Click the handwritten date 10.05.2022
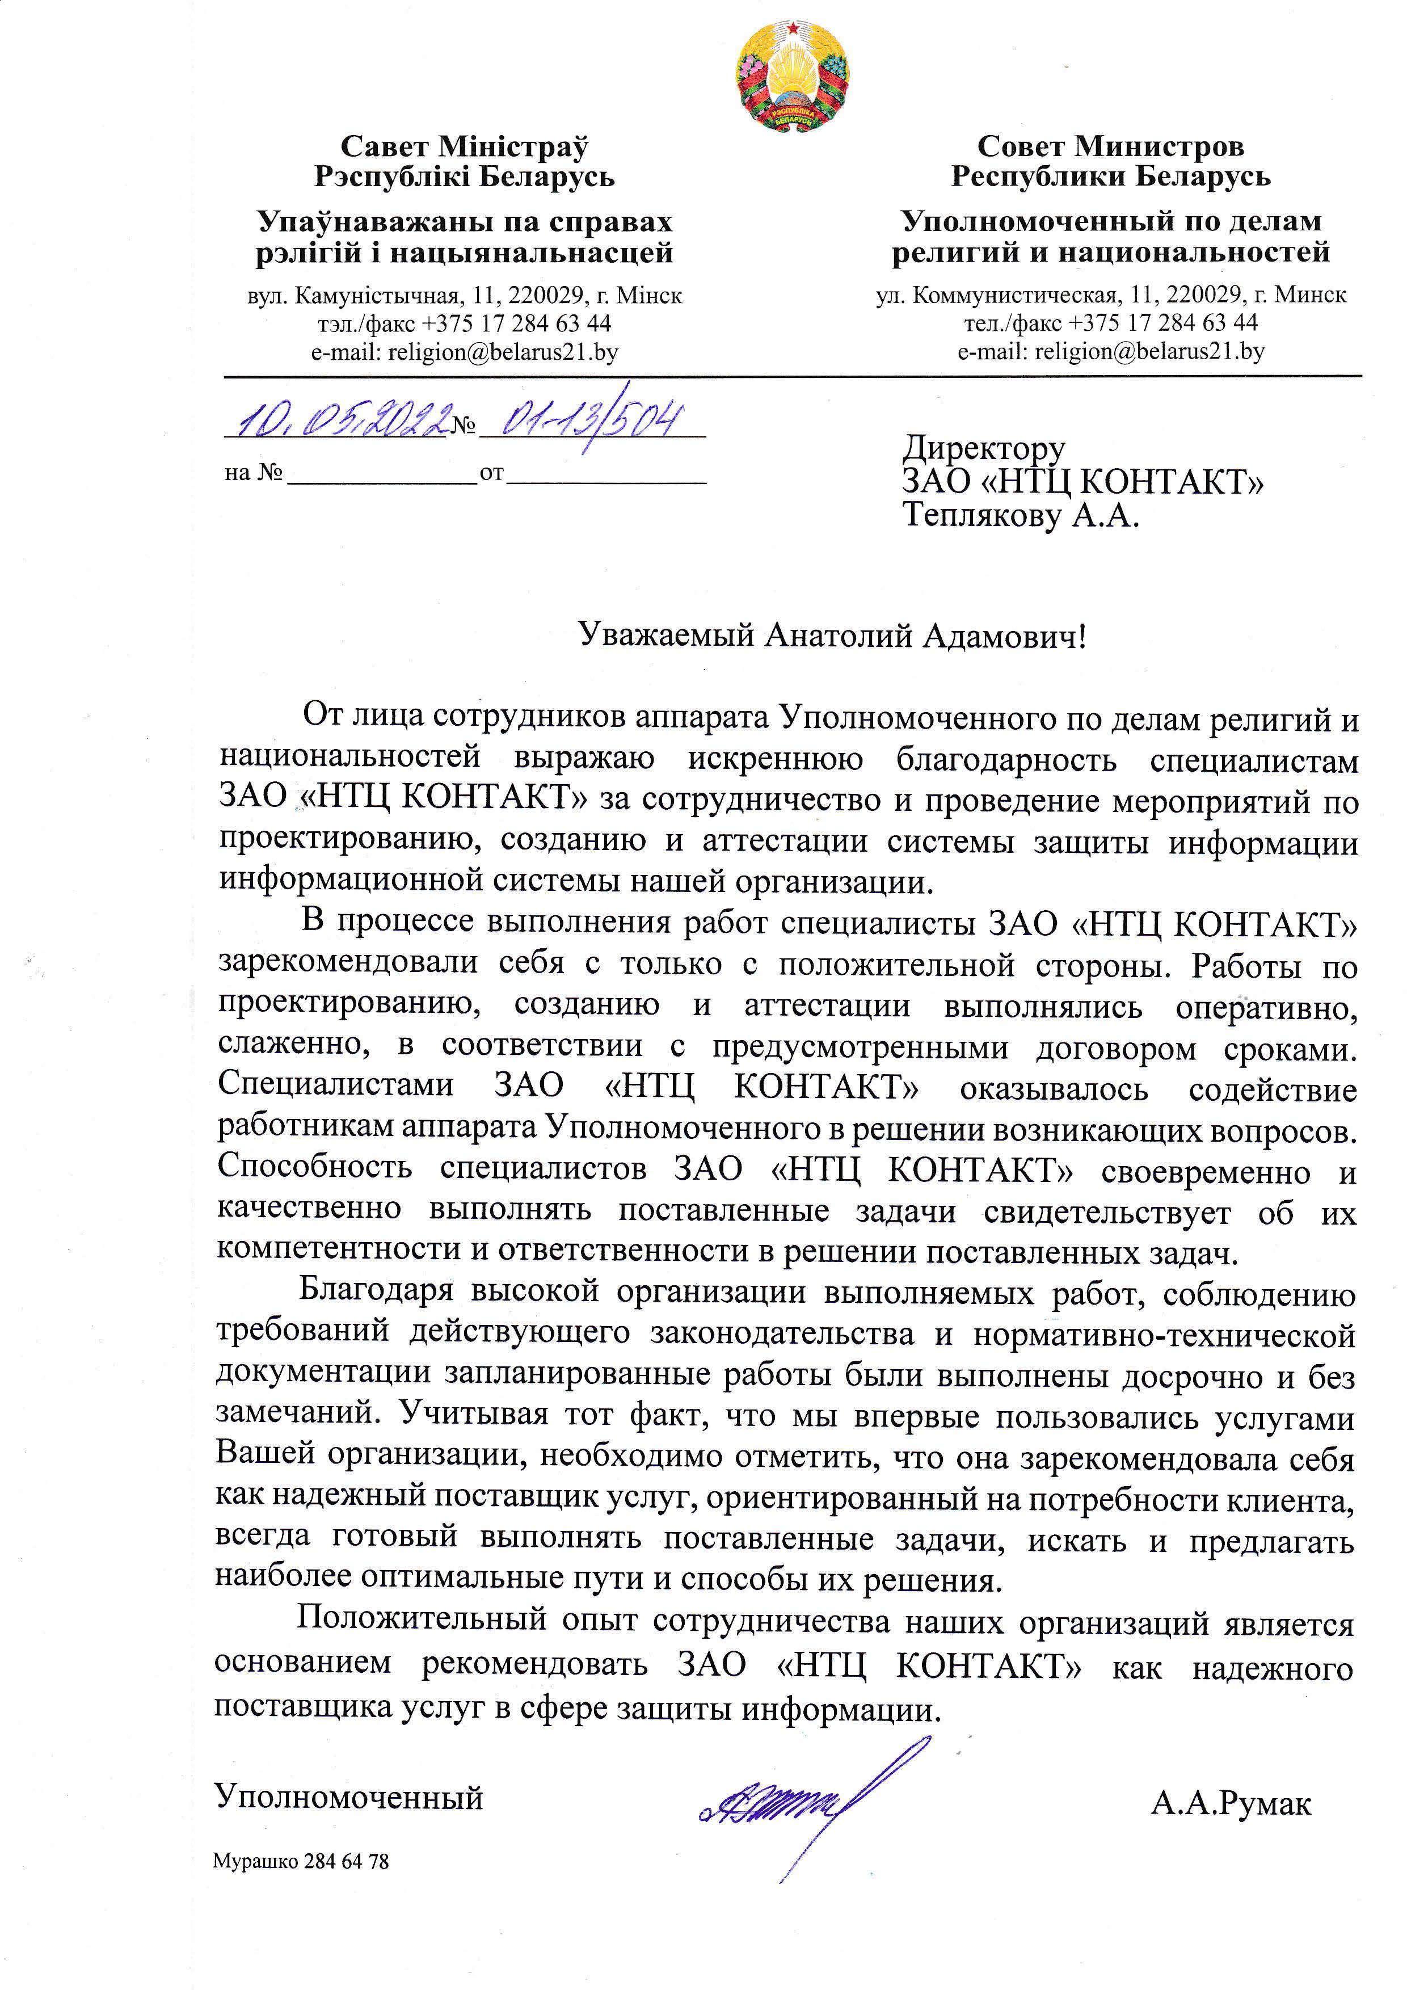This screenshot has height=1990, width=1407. pos(338,422)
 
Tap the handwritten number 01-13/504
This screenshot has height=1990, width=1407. pos(589,422)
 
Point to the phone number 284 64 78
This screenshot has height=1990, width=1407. pos(347,1861)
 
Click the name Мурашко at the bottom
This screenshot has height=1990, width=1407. pos(255,1861)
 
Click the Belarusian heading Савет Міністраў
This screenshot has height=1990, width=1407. pos(465,146)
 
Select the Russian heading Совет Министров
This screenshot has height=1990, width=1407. pos(1111,146)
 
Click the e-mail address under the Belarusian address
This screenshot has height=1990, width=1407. pos(465,352)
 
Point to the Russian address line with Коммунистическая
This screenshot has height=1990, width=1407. pos(1111,296)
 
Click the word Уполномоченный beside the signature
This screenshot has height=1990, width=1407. pos(348,1798)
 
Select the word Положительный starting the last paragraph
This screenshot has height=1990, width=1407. pos(422,1618)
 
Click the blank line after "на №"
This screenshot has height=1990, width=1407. pos(381,475)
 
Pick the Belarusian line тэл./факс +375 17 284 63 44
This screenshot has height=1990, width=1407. pos(465,324)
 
